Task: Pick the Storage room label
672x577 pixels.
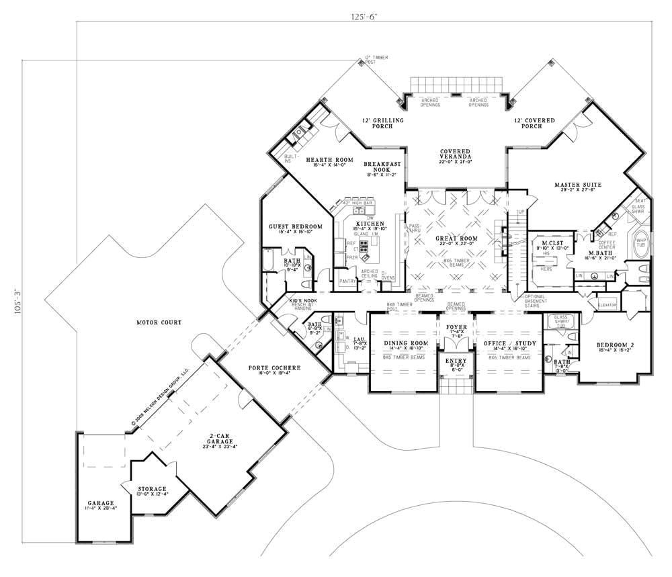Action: point(152,488)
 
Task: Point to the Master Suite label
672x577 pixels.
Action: point(577,184)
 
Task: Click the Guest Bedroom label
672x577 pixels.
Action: point(296,226)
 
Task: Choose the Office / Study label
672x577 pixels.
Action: point(509,343)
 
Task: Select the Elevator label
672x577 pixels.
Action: point(607,305)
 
